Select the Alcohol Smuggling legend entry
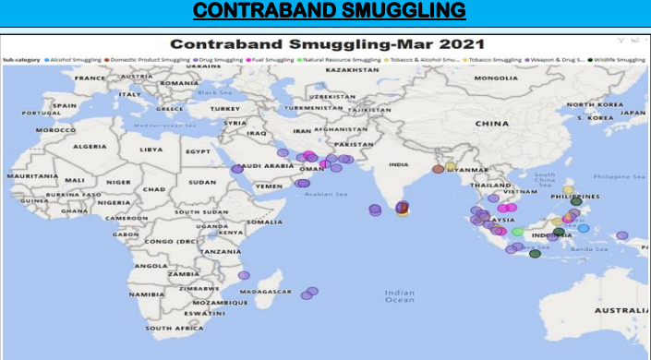[75, 59]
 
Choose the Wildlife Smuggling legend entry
[617, 59]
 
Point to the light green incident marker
[518, 232]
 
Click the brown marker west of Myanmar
[438, 169]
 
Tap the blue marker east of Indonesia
[584, 228]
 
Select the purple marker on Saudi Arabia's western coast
[237, 169]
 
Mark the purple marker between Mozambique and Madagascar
[244, 275]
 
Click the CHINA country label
[492, 123]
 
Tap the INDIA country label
[398, 165]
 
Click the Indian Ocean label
[399, 295]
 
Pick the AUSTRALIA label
[621, 311]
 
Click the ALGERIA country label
[90, 147]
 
